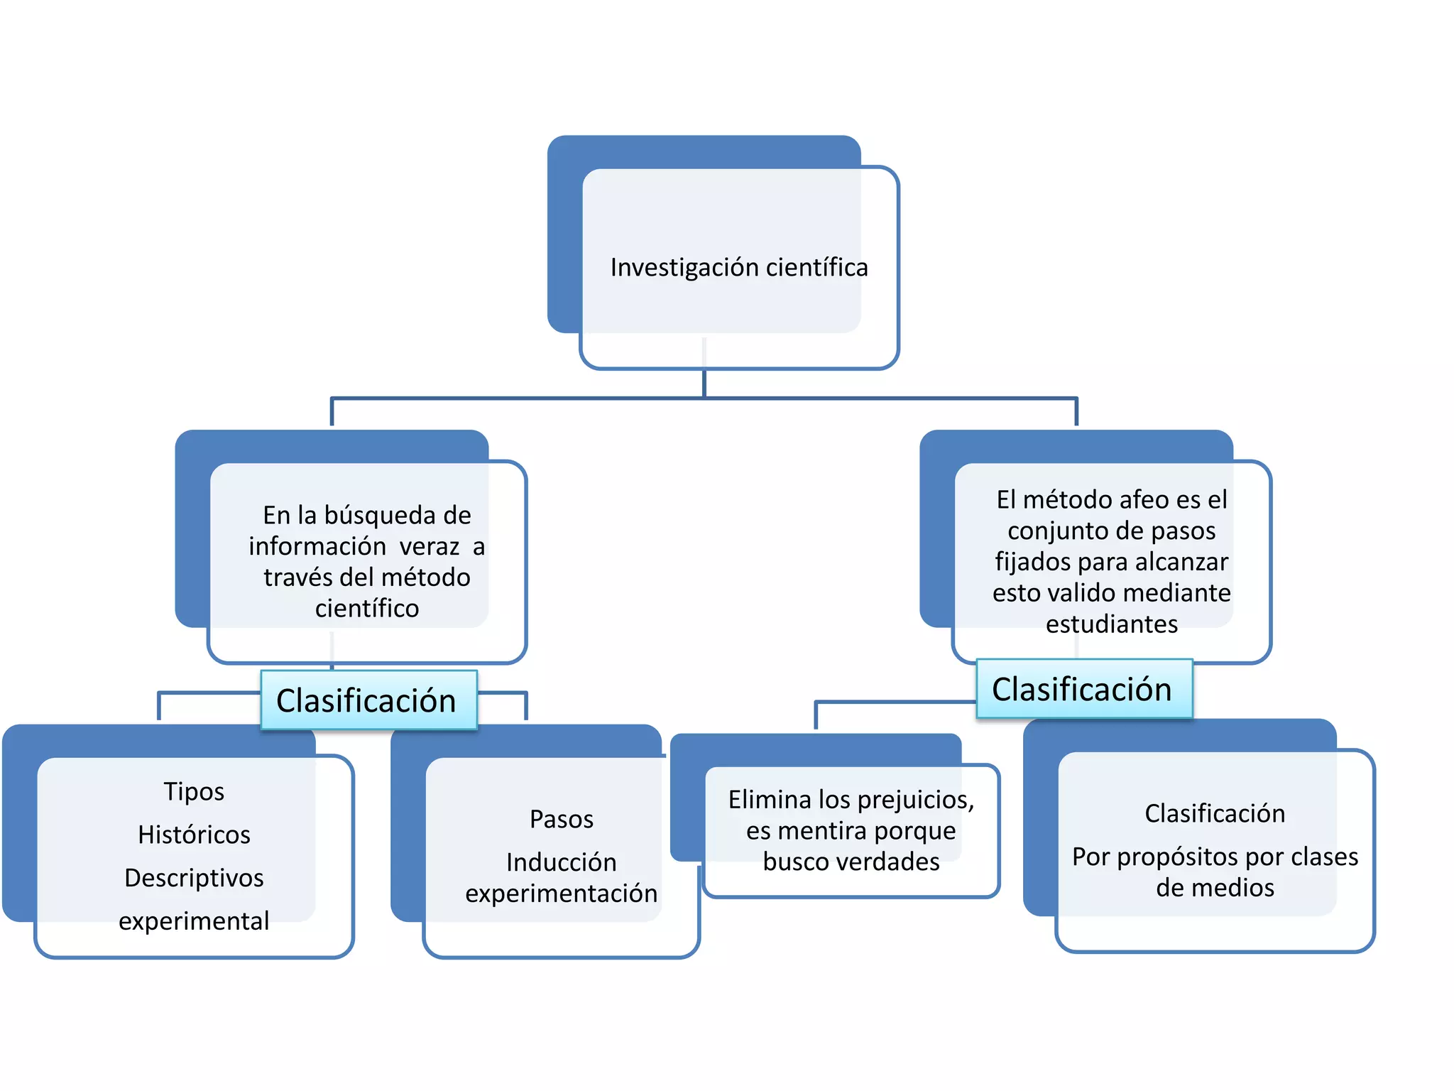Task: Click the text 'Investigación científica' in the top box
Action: [x=738, y=268]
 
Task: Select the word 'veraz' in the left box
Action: [x=429, y=546]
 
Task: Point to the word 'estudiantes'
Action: [x=1111, y=624]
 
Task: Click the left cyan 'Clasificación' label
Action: [x=366, y=701]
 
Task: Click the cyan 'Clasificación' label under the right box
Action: [x=1081, y=690]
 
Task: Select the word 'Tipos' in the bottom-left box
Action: [x=194, y=791]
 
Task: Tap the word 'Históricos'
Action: [x=194, y=835]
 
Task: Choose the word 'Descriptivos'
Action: [x=194, y=878]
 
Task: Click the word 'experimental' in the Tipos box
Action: [x=194, y=921]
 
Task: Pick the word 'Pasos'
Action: [x=561, y=819]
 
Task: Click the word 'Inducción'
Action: [x=561, y=862]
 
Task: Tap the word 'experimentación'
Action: [x=561, y=894]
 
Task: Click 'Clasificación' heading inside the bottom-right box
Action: [x=1214, y=813]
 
